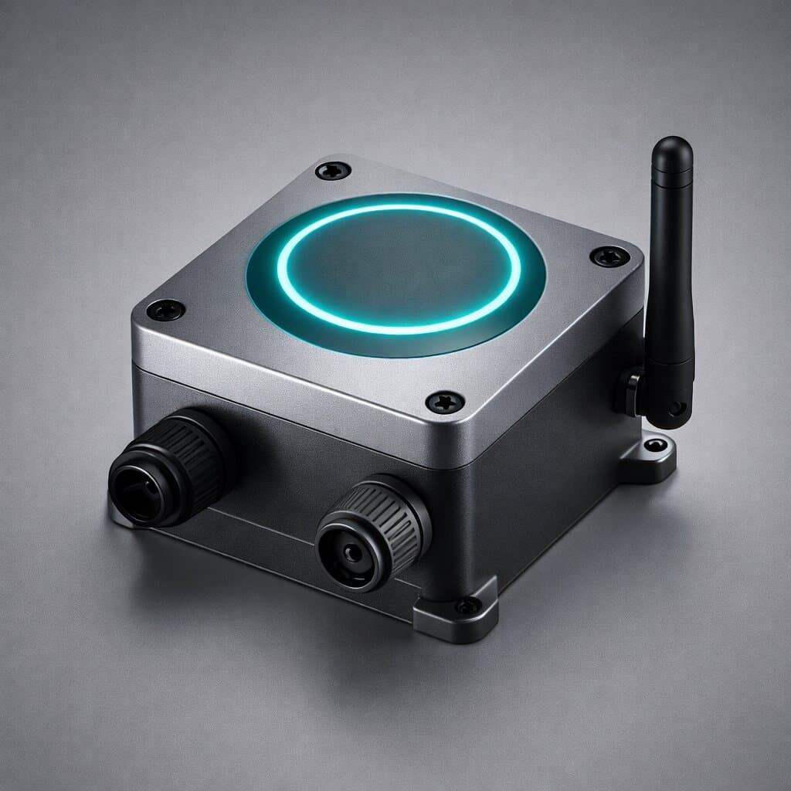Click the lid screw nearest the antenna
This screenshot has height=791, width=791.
click(x=609, y=256)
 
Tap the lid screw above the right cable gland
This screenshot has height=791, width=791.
click(x=445, y=402)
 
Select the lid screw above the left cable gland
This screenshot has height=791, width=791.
click(x=165, y=311)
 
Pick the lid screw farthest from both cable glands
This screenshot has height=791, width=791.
click(x=333, y=170)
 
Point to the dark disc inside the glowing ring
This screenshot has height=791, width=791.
click(x=398, y=270)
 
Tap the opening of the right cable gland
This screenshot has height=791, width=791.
click(x=352, y=552)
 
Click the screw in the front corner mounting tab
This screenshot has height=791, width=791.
click(x=467, y=606)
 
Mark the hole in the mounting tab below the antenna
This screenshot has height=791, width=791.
click(x=655, y=445)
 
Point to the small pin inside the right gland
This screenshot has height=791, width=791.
click(x=352, y=553)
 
